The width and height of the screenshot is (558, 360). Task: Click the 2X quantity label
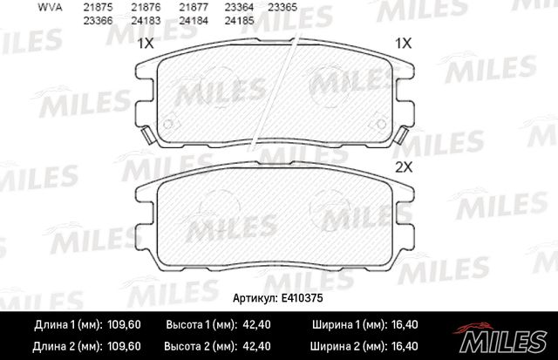[x=403, y=166]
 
